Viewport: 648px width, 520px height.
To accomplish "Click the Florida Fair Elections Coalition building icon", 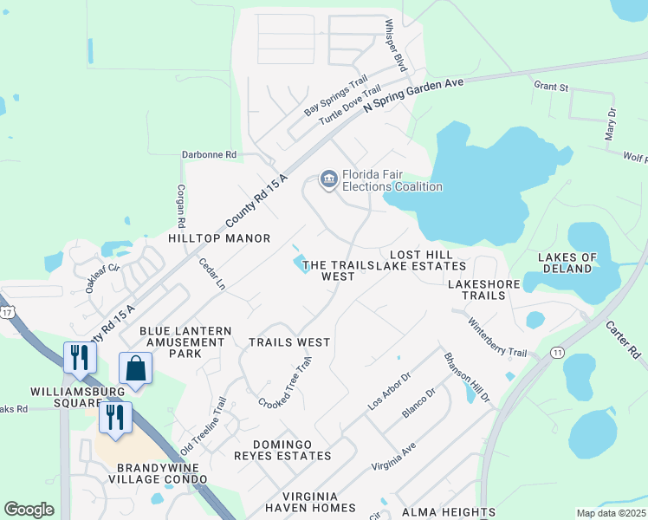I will (x=328, y=179).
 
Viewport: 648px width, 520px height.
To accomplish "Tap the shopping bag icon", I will (x=136, y=367).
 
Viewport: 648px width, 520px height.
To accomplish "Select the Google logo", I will (x=29, y=510).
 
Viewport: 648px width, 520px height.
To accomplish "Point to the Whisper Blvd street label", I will (x=395, y=46).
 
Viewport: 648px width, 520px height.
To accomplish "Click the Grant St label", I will (x=551, y=87).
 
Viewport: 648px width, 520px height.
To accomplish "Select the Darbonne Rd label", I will (x=209, y=155).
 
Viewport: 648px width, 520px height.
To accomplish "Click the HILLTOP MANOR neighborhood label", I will (x=219, y=237).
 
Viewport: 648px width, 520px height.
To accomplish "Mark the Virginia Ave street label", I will (x=394, y=457).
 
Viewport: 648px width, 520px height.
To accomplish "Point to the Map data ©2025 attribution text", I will (x=611, y=513).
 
